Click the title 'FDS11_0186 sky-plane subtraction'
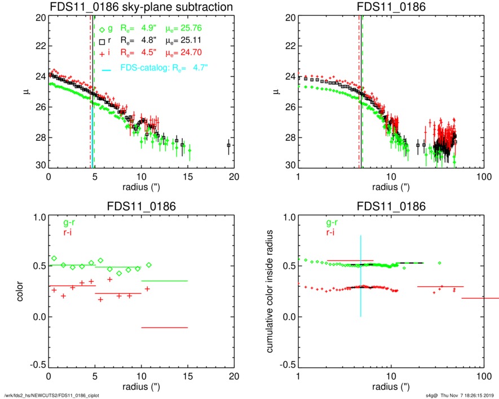coord(142,7)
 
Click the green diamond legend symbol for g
coord(101,29)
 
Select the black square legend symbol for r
coord(101,41)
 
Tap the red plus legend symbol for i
coord(101,53)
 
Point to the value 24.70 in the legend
coord(191,53)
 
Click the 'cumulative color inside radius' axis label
coord(270,291)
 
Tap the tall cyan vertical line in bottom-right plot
coord(360,276)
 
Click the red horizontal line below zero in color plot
coord(164,327)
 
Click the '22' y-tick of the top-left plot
coord(39,46)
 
